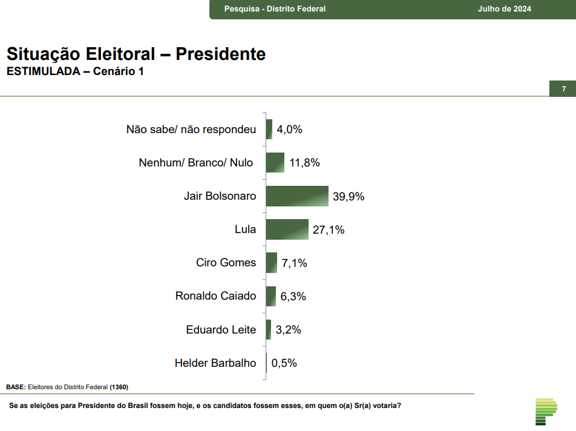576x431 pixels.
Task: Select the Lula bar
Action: pyautogui.click(x=287, y=229)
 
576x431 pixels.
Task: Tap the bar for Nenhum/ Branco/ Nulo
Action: pyautogui.click(x=275, y=163)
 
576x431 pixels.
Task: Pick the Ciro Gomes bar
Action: pyautogui.click(x=272, y=263)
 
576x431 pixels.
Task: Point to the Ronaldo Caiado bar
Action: pyautogui.click(x=271, y=296)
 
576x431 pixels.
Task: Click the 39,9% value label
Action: pyautogui.click(x=349, y=196)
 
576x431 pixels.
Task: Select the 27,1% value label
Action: pyautogui.click(x=329, y=229)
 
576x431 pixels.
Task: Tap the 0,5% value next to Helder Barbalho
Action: pyautogui.click(x=284, y=363)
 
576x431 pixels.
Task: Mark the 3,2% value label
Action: pyautogui.click(x=288, y=330)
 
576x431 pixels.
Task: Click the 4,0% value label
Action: pyautogui.click(x=289, y=129)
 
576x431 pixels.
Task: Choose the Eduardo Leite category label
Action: pyautogui.click(x=221, y=330)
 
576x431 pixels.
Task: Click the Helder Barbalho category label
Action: pyautogui.click(x=215, y=363)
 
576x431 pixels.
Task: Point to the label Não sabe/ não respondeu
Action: pyautogui.click(x=191, y=129)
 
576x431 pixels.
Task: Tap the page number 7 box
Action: pyautogui.click(x=563, y=89)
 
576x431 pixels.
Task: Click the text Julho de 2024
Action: pyautogui.click(x=504, y=9)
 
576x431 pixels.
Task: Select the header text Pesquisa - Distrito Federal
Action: pyautogui.click(x=275, y=9)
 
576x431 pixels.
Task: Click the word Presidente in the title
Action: pyautogui.click(x=221, y=54)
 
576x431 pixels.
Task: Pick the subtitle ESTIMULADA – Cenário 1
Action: pyautogui.click(x=75, y=71)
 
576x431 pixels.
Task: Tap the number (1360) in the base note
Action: pyautogui.click(x=119, y=387)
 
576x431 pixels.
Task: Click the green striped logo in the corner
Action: pyautogui.click(x=546, y=412)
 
